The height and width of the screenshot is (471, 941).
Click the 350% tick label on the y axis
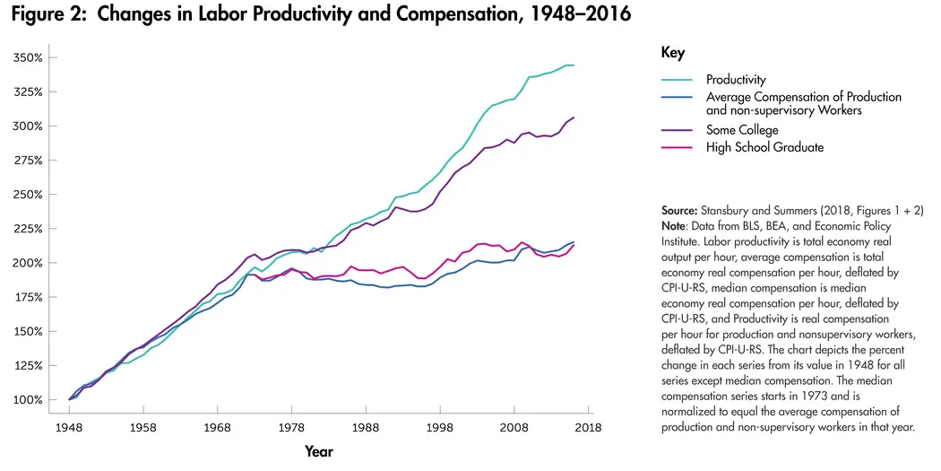tap(28, 57)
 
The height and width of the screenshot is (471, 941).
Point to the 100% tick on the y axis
tap(28, 399)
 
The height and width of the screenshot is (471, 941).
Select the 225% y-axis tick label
tap(28, 229)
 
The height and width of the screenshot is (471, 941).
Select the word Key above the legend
tap(672, 53)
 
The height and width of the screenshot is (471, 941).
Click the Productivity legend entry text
tap(736, 81)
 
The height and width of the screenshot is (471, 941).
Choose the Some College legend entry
tap(742, 130)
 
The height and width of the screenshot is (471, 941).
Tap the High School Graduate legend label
tap(764, 147)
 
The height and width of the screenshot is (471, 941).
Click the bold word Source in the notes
tap(678, 209)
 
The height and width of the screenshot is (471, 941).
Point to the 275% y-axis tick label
tap(28, 161)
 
